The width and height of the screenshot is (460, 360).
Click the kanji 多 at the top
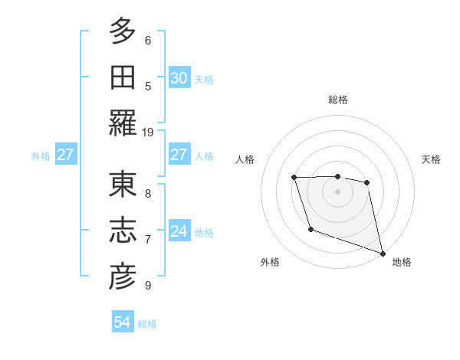[122, 32]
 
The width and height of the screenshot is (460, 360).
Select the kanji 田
[122, 77]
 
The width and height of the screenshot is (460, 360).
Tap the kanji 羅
[122, 123]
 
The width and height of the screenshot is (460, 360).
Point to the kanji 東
[122, 185]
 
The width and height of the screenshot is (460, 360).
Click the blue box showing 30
[179, 78]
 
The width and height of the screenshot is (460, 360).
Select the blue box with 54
[123, 323]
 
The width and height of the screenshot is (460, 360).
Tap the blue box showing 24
[179, 231]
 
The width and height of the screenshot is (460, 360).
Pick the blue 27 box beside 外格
[65, 155]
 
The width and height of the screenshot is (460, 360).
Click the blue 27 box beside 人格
[179, 155]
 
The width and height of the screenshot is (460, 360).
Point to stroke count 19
[147, 133]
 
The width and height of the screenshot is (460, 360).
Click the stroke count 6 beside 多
[147, 41]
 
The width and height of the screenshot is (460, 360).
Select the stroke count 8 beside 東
[147, 194]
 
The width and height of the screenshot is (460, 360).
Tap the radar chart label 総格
[337, 100]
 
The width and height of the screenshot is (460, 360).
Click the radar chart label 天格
[432, 159]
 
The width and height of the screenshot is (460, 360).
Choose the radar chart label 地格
[402, 263]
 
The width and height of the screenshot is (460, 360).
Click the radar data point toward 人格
[294, 178]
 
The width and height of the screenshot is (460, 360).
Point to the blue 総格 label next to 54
[147, 324]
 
